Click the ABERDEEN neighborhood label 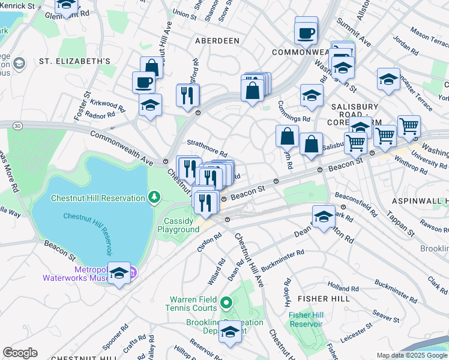[217, 40]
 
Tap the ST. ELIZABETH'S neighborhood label [75, 61]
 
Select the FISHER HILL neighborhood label [321, 298]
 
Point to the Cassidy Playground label [182, 225]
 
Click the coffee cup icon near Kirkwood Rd [144, 82]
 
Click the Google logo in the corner [20, 353]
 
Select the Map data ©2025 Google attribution [412, 355]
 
